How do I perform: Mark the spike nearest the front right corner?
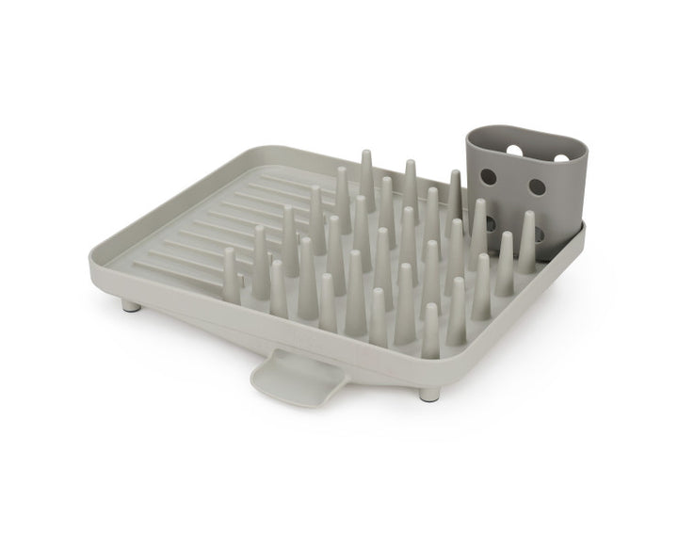[x=429, y=330]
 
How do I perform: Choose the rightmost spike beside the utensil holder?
[x=529, y=240]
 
